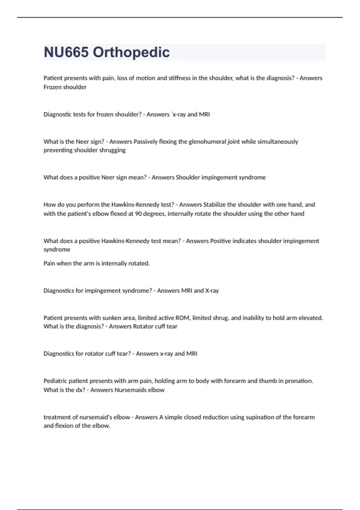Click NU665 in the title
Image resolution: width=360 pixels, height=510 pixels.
point(66,52)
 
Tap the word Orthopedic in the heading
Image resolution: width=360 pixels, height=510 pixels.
point(131,52)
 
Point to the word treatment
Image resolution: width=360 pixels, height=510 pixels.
point(57,417)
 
